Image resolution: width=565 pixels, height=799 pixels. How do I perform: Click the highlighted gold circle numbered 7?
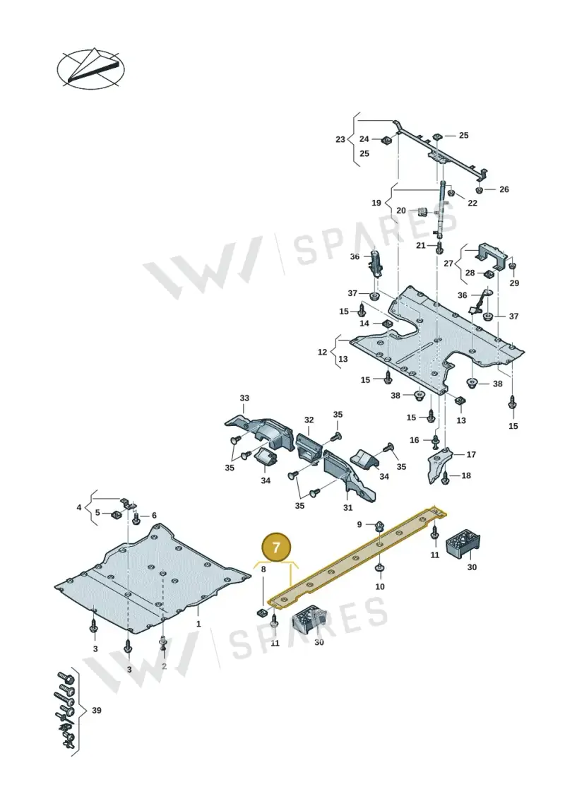(276, 548)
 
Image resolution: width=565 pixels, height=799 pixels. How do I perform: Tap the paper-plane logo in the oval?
(90, 69)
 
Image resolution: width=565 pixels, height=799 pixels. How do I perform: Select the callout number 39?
(96, 710)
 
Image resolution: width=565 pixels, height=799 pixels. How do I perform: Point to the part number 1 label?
(198, 623)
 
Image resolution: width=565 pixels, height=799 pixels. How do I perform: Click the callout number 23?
(340, 139)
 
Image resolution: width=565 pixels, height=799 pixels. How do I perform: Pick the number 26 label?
(504, 189)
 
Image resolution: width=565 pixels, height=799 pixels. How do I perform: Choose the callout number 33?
(244, 398)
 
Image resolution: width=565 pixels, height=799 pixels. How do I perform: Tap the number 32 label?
(309, 420)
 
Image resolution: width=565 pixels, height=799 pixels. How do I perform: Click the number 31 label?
(347, 507)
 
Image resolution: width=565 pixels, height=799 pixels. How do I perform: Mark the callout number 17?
(471, 454)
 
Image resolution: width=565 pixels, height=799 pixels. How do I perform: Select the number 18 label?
(465, 475)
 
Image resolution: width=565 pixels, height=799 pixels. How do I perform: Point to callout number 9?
(359, 524)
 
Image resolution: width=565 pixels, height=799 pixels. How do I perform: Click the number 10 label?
(379, 586)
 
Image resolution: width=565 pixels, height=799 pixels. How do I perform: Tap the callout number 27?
(448, 264)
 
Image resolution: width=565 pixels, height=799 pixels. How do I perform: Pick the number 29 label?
(514, 283)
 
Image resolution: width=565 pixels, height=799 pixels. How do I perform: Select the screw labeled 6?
(136, 519)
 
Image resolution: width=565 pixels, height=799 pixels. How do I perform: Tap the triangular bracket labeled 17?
(438, 465)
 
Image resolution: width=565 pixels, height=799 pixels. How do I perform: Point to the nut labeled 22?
(451, 193)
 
